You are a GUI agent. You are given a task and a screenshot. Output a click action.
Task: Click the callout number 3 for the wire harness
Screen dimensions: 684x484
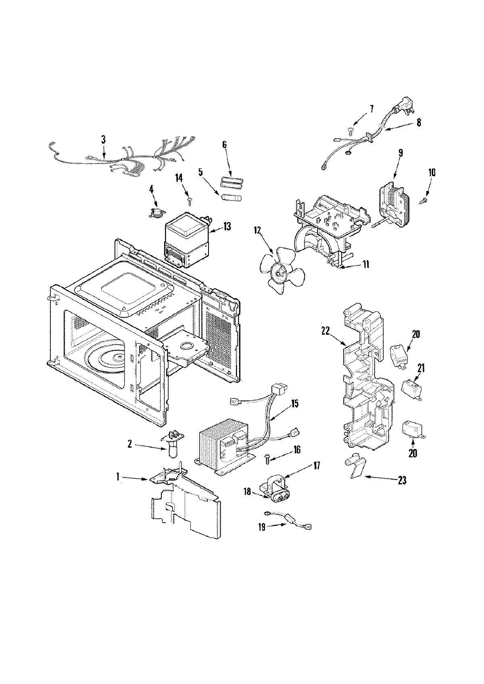click(103, 139)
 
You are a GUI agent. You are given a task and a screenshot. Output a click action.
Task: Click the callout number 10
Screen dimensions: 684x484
click(432, 173)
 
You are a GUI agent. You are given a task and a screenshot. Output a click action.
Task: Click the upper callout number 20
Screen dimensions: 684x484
click(416, 334)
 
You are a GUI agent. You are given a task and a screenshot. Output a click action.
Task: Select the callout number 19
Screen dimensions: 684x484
click(262, 527)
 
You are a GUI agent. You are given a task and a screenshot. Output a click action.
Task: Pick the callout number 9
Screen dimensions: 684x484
click(401, 152)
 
